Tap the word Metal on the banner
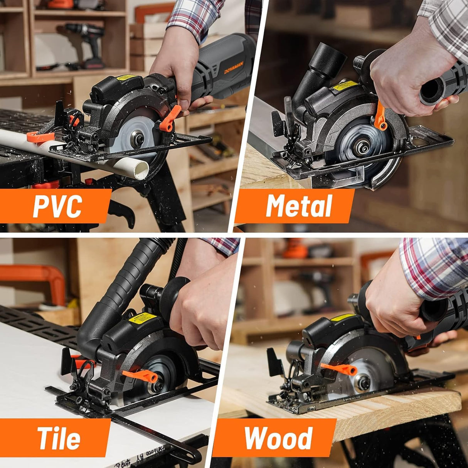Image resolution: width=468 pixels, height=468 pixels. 299,206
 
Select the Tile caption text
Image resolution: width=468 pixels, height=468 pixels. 59,438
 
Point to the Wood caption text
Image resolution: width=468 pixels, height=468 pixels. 278,438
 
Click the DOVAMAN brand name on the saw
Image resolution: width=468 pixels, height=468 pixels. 235,67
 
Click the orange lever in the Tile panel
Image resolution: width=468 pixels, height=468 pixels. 141,375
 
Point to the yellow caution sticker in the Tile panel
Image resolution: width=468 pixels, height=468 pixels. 142,318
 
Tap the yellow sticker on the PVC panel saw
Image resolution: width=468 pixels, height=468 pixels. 126,77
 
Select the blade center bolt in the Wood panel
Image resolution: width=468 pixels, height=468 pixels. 362,382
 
